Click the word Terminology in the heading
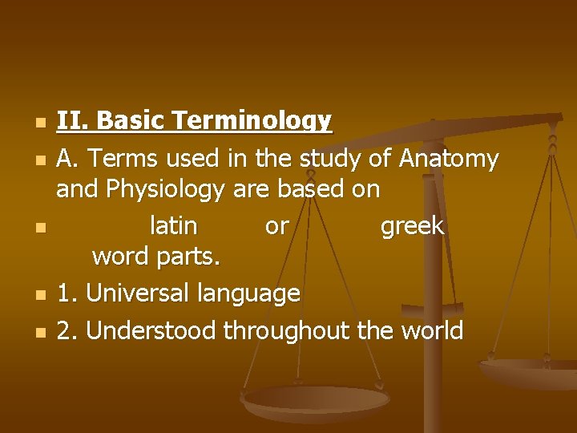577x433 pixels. click(252, 122)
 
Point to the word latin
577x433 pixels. click(174, 226)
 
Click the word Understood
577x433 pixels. click(151, 330)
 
